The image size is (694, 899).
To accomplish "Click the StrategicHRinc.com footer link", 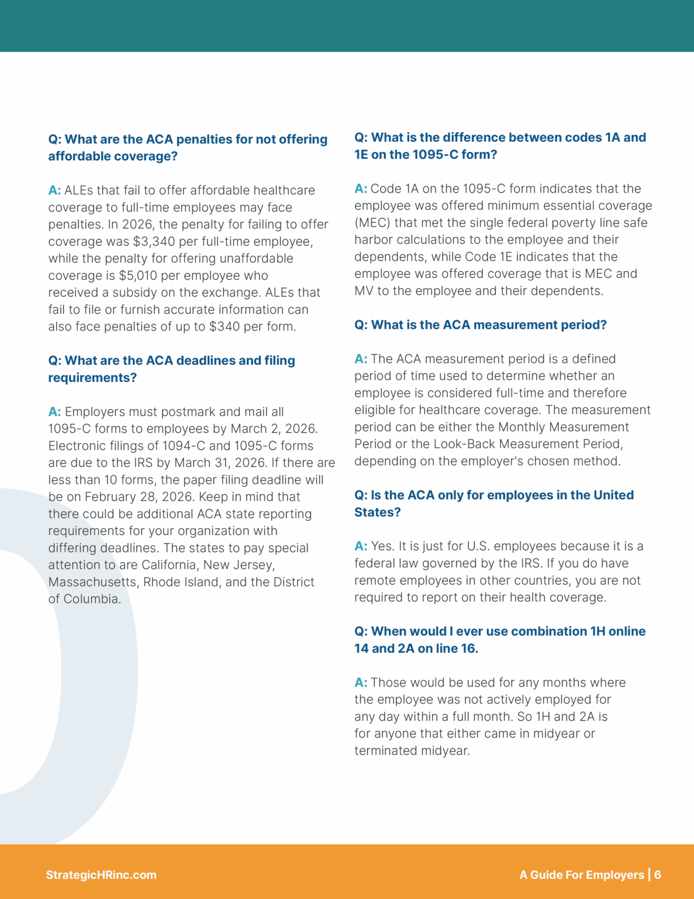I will [101, 875].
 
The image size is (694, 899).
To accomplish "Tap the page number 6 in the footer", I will [658, 875].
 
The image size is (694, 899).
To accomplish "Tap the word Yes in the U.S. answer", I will [382, 546].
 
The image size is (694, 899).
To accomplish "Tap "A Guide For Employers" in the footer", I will [582, 875].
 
